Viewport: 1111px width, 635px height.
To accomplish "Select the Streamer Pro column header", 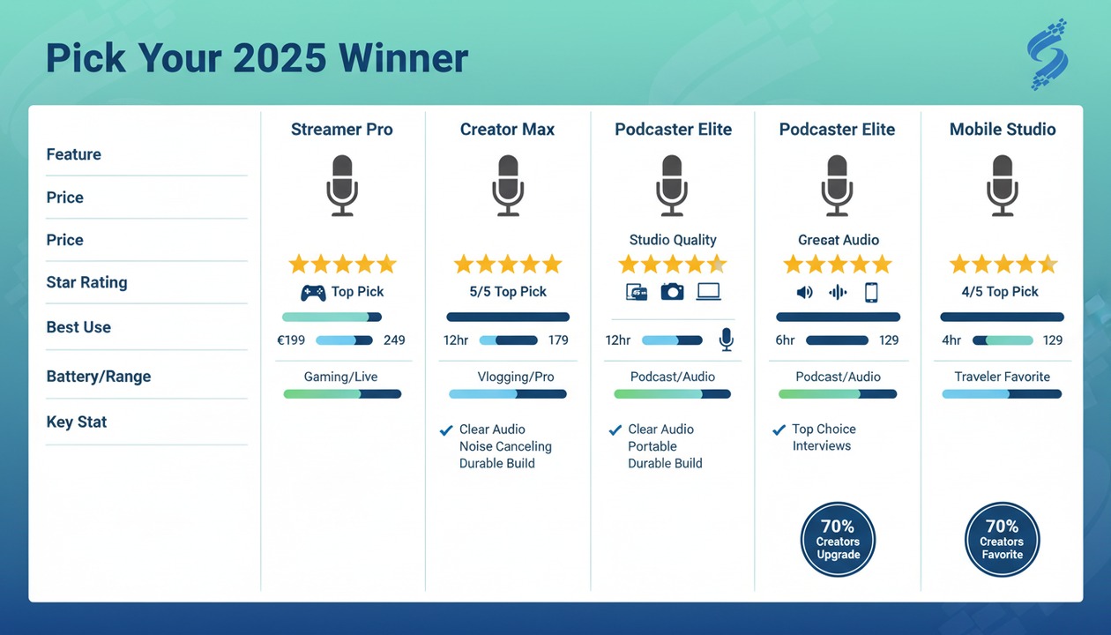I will click(342, 130).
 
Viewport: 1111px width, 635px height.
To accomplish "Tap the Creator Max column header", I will click(507, 130).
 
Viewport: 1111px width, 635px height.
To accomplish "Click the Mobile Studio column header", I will click(1003, 130).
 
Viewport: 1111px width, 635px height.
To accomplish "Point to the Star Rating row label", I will click(86, 282).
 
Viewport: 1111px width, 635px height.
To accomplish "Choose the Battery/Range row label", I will click(99, 377).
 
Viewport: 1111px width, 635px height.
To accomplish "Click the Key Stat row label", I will click(77, 422).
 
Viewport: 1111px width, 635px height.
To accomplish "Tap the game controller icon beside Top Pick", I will click(313, 292).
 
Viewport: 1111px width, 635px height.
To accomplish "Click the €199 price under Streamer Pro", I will click(291, 340).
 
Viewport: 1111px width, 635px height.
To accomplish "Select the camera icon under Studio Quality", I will click(673, 292).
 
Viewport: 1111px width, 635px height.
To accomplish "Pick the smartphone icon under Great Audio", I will click(871, 292).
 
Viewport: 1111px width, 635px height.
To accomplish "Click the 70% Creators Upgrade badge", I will click(838, 540).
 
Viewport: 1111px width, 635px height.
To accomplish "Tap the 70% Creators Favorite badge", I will click(1003, 540).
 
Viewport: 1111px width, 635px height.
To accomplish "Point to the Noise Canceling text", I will click(505, 446).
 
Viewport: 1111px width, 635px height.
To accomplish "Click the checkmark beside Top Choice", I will click(779, 430).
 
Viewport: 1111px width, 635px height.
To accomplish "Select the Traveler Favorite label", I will click(1003, 377).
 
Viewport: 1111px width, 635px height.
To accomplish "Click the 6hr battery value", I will click(785, 340).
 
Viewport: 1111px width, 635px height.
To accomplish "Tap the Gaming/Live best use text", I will click(341, 377).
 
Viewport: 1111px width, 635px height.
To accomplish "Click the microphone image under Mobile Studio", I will click(1003, 185).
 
